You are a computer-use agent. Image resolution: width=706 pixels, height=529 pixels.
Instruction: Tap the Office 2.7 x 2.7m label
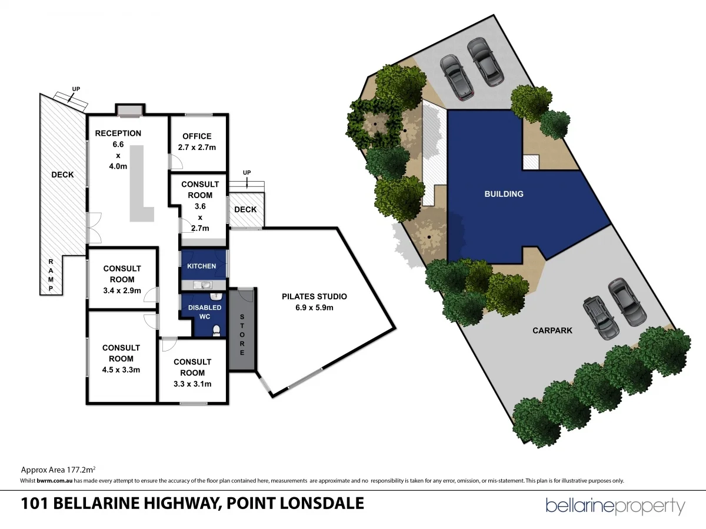pyautogui.click(x=197, y=142)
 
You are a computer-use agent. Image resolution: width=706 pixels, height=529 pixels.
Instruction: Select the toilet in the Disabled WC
pyautogui.click(x=217, y=330)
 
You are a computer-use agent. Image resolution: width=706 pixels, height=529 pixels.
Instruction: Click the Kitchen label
pyautogui.click(x=201, y=266)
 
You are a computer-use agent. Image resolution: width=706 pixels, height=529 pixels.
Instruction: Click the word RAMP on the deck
pyautogui.click(x=51, y=275)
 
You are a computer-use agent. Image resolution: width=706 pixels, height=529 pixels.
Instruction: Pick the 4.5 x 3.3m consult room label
pyautogui.click(x=121, y=359)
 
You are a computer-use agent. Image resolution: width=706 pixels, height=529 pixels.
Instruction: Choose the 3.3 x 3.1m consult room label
pyautogui.click(x=192, y=373)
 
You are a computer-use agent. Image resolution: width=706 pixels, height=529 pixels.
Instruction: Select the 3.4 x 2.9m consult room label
pyautogui.click(x=122, y=279)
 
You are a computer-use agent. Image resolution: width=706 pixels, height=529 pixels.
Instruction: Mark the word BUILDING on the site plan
pyautogui.click(x=504, y=194)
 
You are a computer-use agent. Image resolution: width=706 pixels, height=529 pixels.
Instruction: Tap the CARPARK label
pyautogui.click(x=552, y=330)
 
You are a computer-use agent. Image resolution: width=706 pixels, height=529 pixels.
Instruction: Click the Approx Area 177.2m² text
pyautogui.click(x=58, y=470)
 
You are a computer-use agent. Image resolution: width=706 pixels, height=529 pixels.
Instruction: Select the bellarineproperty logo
pyautogui.click(x=615, y=506)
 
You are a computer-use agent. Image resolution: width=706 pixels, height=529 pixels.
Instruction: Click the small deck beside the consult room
pyautogui.click(x=245, y=210)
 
